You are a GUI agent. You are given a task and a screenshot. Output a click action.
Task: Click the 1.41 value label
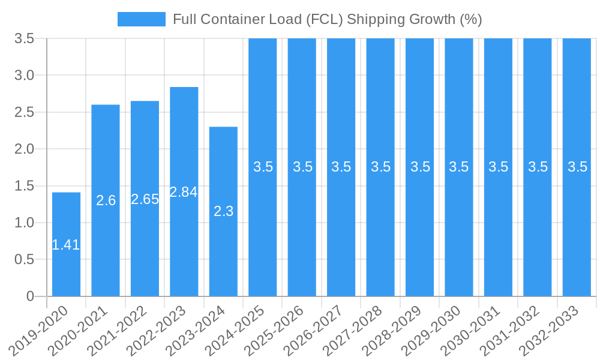point(66,245)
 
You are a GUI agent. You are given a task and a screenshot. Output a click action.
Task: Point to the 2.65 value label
point(145,199)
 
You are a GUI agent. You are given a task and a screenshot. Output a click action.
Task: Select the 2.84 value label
point(184,192)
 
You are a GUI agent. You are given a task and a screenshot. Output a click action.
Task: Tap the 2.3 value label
point(223,211)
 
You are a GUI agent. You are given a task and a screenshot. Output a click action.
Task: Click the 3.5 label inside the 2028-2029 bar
point(420,167)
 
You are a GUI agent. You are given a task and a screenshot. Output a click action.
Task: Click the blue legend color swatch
point(141,19)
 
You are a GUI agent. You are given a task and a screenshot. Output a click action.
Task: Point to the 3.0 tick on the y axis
point(25,76)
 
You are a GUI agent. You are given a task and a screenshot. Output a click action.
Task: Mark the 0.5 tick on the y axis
point(25,260)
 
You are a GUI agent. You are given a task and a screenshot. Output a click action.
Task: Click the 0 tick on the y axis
point(31,296)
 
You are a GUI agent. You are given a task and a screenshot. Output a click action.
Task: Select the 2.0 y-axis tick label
point(25,149)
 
